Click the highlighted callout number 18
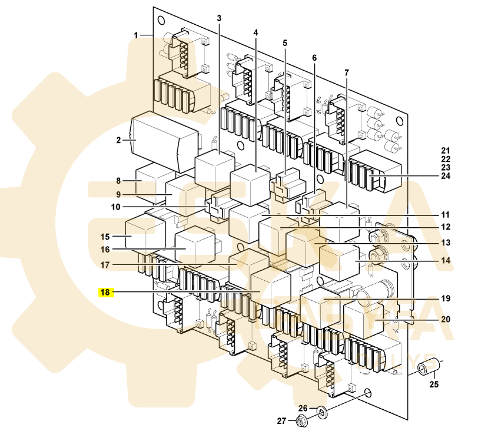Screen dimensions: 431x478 (105, 291)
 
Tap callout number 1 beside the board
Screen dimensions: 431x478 (135, 35)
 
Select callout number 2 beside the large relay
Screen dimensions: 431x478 (118, 140)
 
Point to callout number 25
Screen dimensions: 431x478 (434, 385)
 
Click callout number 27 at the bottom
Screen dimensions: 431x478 (281, 420)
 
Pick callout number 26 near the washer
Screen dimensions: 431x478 (303, 408)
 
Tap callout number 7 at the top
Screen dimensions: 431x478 (346, 72)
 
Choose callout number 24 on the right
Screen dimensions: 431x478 (445, 175)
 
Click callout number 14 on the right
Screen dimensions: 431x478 (446, 260)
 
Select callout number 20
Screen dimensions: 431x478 (446, 319)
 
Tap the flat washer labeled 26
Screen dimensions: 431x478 (322, 410)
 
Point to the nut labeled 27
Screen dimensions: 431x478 (301, 421)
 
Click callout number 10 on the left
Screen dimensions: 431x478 (115, 207)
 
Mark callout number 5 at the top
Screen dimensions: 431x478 (285, 43)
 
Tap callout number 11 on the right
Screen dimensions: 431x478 (446, 215)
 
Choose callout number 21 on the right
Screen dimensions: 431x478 (445, 151)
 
